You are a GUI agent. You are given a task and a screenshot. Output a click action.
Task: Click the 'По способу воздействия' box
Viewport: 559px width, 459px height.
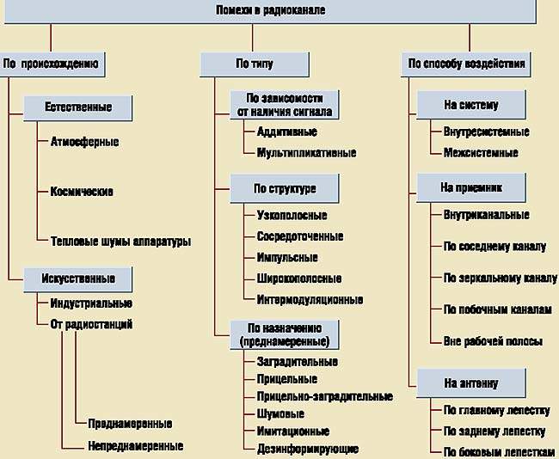tap(467, 63)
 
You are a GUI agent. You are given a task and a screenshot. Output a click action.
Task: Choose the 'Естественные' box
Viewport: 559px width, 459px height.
tap(78, 107)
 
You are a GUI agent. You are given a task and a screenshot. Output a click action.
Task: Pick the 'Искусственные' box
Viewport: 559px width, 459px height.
tap(77, 278)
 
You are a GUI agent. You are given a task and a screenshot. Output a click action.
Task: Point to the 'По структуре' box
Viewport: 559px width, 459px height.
tap(285, 188)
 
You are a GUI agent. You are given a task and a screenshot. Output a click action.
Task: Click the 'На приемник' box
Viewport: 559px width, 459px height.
tap(471, 187)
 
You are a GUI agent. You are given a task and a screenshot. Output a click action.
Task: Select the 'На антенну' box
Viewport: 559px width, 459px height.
tap(470, 382)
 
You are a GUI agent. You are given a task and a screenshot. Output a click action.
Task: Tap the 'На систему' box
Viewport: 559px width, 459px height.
tap(471, 105)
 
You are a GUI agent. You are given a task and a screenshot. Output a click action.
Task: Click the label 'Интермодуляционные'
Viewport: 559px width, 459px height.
tap(310, 300)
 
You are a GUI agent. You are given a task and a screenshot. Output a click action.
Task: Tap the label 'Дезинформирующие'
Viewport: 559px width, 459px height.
tap(307, 449)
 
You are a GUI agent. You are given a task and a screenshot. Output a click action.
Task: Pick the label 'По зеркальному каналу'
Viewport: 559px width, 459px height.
tap(500, 278)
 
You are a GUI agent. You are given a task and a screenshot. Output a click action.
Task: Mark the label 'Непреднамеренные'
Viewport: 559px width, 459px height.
tap(135, 446)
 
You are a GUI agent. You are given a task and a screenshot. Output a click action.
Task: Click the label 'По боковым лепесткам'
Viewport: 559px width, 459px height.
tap(499, 452)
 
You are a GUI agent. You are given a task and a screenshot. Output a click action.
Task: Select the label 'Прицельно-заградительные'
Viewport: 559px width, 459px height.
tap(324, 396)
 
